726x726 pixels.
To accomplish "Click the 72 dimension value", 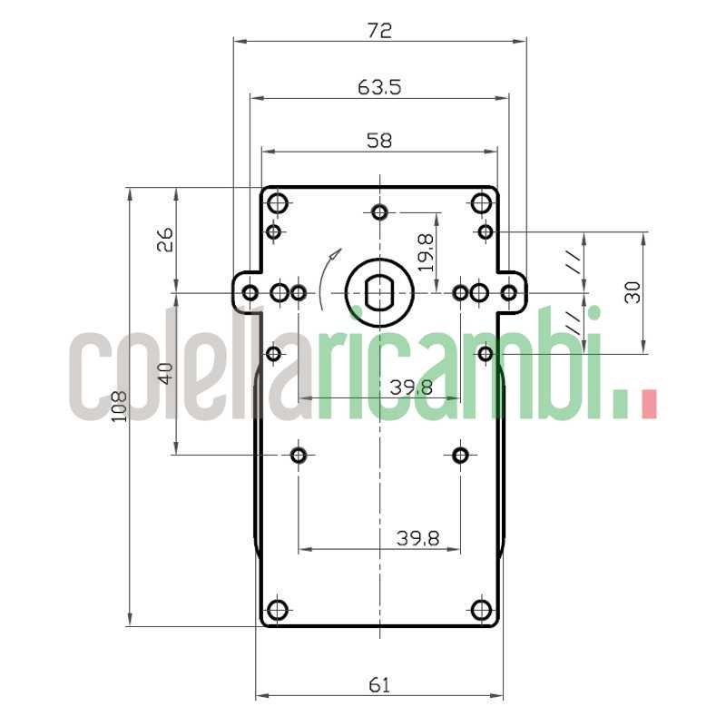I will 379,30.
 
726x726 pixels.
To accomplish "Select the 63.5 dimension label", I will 379,87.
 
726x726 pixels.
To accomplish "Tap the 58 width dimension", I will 379,141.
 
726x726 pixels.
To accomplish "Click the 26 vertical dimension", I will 165,240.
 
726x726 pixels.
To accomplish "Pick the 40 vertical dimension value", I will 165,373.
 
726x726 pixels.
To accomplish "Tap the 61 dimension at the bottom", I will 379,685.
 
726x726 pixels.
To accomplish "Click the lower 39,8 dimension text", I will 417,538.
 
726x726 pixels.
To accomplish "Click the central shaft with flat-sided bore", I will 379,292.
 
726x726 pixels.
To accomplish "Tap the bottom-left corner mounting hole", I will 279,609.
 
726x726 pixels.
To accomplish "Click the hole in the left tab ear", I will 250,292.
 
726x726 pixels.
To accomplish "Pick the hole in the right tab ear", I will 509,292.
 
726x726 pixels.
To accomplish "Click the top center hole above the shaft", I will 379,212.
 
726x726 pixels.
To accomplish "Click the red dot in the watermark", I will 647,404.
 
